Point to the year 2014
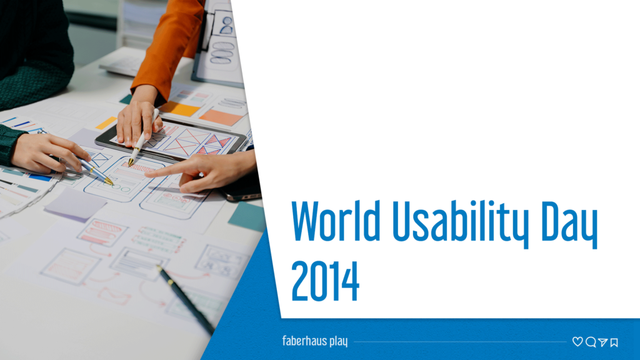325,281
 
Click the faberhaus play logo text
314,341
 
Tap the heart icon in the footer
577,342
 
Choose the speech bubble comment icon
590,342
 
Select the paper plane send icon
602,342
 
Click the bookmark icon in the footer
614,342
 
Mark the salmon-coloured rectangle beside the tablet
221,117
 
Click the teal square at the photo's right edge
247,216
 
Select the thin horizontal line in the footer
459,342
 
